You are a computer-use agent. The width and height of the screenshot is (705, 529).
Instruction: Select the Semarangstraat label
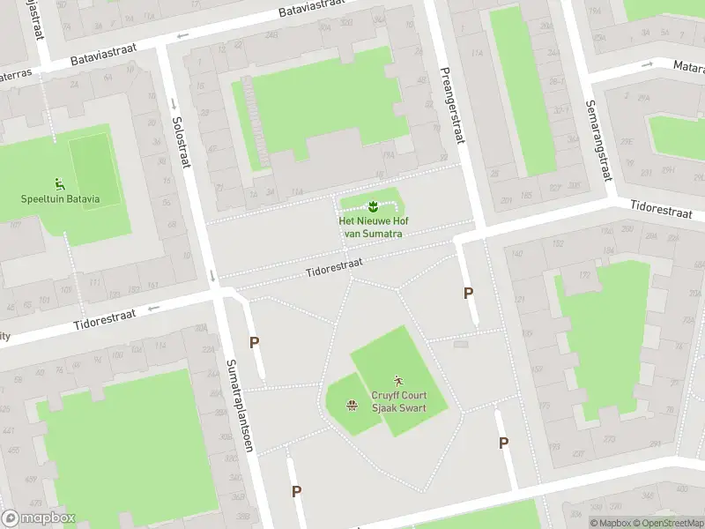(597, 139)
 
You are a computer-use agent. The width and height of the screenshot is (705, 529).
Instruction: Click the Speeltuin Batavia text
(60, 198)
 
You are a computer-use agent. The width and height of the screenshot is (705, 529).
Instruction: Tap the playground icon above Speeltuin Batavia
(60, 183)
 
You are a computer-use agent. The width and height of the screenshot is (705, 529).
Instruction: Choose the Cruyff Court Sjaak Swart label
(398, 402)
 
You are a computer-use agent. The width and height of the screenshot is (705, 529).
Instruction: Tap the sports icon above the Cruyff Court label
(398, 381)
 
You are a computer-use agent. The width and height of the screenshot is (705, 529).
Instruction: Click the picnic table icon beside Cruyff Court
(352, 404)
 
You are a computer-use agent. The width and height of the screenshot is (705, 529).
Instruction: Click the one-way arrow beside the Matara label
(648, 63)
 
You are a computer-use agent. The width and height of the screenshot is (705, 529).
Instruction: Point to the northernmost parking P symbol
(468, 293)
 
